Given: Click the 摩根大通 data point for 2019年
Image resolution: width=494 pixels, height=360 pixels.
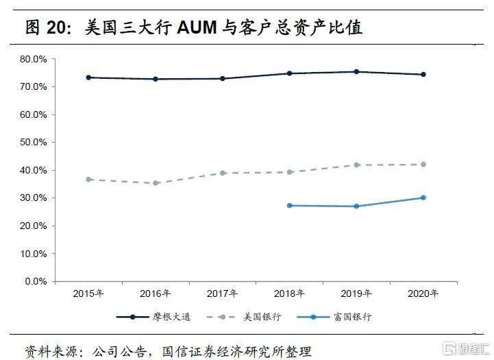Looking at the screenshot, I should point(356,72).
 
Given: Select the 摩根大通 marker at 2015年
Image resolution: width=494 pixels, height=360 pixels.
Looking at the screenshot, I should point(88,77).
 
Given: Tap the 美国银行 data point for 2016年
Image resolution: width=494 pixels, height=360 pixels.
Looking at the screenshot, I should point(156,183).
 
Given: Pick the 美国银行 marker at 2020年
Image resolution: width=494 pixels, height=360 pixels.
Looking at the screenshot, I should point(423,165).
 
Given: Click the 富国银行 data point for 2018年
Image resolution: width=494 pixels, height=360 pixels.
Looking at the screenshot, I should point(289,206).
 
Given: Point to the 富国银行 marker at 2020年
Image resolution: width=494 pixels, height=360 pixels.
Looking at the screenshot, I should point(423,197).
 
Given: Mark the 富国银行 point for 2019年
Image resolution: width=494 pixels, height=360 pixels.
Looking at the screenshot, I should point(356,206).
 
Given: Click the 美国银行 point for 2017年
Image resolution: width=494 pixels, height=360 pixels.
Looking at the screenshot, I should point(223,173).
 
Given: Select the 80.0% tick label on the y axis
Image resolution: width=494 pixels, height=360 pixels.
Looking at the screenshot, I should point(33,60).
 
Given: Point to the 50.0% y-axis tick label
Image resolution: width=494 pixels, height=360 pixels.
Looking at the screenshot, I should point(33,143).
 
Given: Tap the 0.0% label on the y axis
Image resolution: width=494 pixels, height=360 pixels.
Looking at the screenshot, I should point(36,281).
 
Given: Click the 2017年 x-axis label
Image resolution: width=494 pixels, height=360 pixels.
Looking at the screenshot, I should point(223,293).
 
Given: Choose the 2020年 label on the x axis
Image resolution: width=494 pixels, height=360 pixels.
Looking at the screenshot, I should point(423,293).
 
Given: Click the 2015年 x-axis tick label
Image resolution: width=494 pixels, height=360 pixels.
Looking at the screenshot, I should point(88,293).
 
